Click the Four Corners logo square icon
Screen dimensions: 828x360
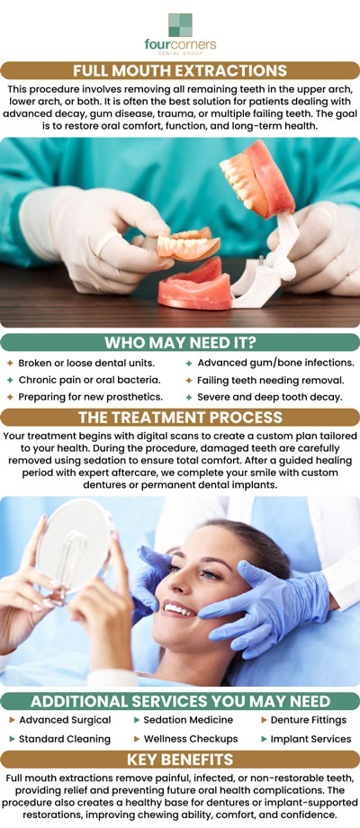180,24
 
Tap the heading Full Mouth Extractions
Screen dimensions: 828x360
180,70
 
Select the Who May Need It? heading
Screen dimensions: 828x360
180,343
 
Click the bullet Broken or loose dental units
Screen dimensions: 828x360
85,363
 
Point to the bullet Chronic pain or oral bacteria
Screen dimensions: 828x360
86,380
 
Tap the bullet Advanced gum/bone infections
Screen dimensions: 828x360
269,363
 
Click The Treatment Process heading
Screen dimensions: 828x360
180,418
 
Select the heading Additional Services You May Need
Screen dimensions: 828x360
180,701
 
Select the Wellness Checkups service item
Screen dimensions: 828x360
185,739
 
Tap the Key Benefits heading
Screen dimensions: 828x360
180,759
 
